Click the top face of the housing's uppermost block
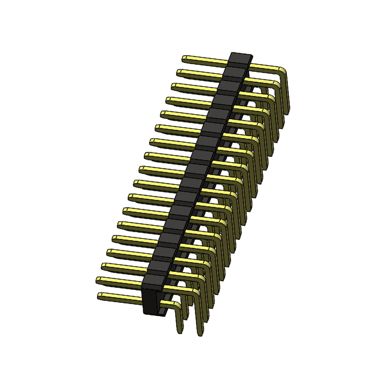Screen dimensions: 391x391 point(241,57)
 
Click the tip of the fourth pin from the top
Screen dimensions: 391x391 point(168,100)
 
